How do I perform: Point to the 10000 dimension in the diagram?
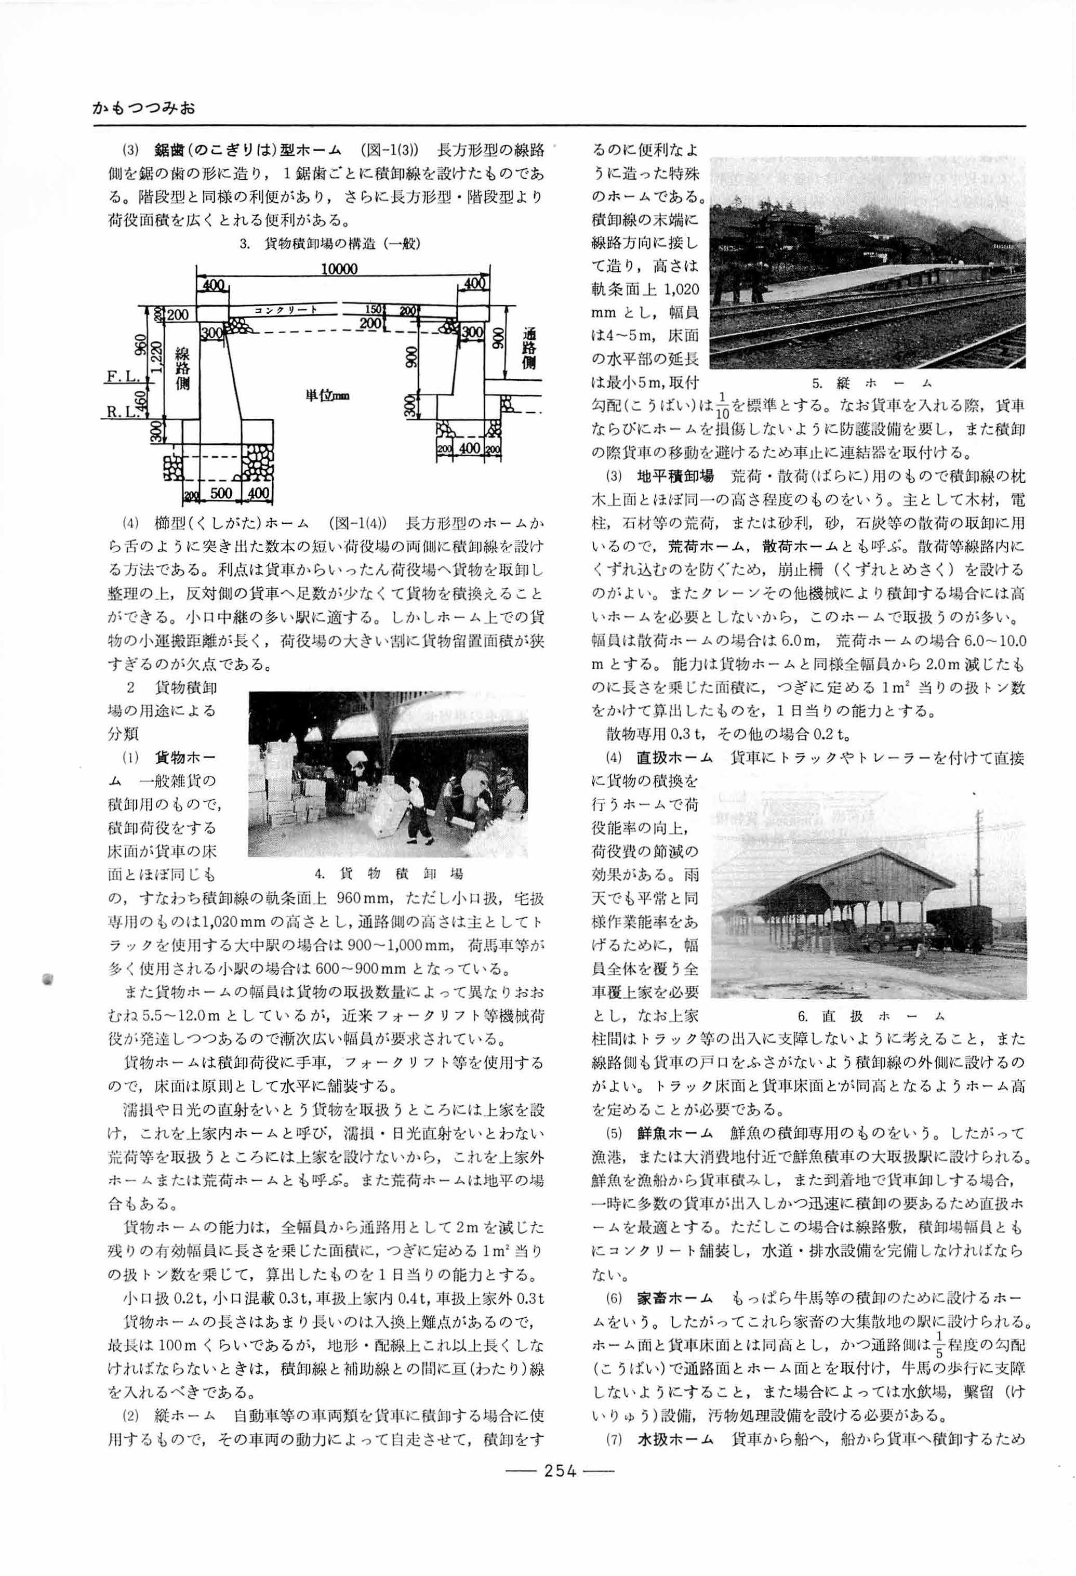click(x=339, y=269)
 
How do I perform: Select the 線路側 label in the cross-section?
click(x=182, y=369)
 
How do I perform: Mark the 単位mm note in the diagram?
click(x=326, y=395)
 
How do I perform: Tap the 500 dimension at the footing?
click(x=221, y=493)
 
